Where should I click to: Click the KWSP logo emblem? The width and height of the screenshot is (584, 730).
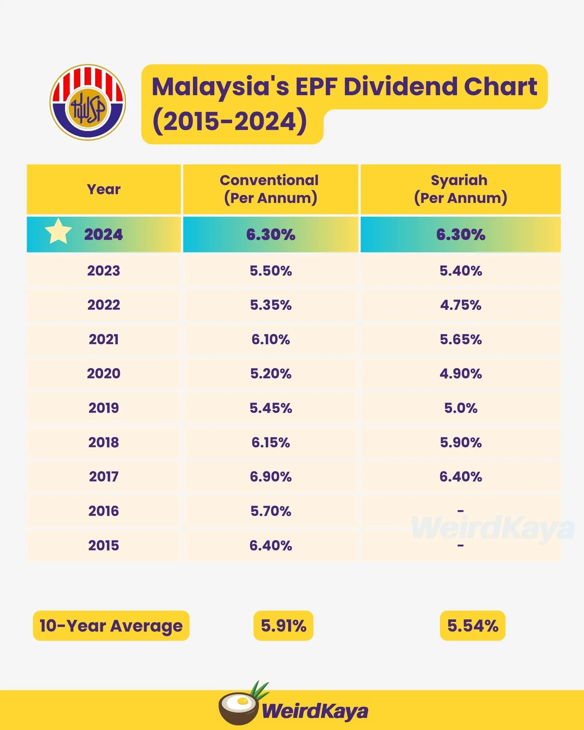[88, 102]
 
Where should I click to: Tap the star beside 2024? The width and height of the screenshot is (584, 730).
[58, 231]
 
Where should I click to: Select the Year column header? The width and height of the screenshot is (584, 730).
[104, 189]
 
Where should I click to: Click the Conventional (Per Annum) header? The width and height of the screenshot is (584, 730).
[270, 189]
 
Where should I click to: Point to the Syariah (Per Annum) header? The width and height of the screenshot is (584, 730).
[460, 189]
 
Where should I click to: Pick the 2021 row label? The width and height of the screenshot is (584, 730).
[104, 339]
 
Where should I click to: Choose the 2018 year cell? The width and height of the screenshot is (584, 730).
[104, 442]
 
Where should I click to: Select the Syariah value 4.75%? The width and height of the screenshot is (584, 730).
[460, 305]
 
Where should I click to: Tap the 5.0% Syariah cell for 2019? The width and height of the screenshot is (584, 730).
[460, 408]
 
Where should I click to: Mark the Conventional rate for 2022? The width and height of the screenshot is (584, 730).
[270, 305]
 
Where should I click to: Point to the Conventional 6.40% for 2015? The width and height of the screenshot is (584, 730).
[270, 545]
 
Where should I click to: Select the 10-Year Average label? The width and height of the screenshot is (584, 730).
[111, 626]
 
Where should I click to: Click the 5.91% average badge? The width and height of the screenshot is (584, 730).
[283, 626]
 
